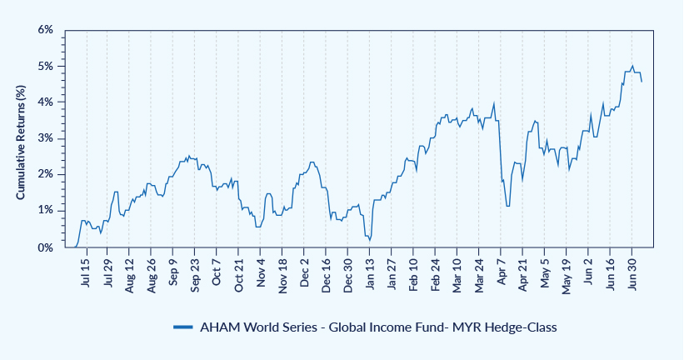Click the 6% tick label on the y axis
click(46, 30)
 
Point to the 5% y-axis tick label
click(46, 66)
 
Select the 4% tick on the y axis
click(46, 102)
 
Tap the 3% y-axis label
click(46, 138)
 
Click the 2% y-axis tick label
click(46, 174)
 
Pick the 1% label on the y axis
click(46, 210)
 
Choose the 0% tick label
click(46, 247)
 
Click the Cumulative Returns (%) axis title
click(22, 138)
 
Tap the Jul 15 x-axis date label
click(87, 273)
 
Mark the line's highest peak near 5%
click(633, 66)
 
